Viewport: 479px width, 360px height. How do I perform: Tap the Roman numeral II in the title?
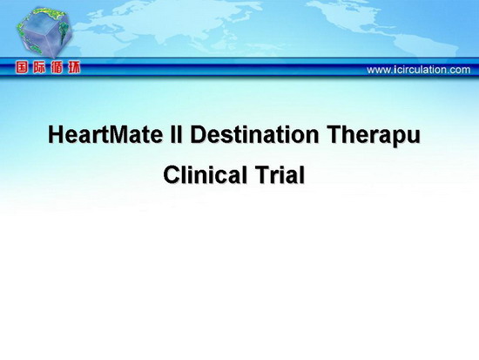click(x=176, y=134)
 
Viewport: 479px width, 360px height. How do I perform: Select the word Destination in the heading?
click(x=254, y=134)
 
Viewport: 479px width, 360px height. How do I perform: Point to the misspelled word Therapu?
click(x=374, y=136)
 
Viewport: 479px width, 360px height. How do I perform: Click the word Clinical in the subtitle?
click(x=206, y=174)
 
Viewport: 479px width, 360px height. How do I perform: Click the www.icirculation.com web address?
click(x=419, y=70)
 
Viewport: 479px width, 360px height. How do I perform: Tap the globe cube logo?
click(x=44, y=32)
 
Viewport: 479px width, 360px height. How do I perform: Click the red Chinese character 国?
click(x=22, y=67)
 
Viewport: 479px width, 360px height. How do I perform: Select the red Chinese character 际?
click(x=39, y=67)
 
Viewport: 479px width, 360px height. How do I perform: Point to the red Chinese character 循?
click(x=57, y=67)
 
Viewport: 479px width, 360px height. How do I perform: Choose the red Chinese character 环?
click(x=74, y=67)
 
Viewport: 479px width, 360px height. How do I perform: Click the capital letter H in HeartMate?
click(x=55, y=134)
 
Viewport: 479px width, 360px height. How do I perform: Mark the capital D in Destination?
click(x=198, y=134)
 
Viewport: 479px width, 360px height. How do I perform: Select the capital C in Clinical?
click(x=172, y=174)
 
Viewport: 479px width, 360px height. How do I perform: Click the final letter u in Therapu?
click(x=415, y=137)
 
